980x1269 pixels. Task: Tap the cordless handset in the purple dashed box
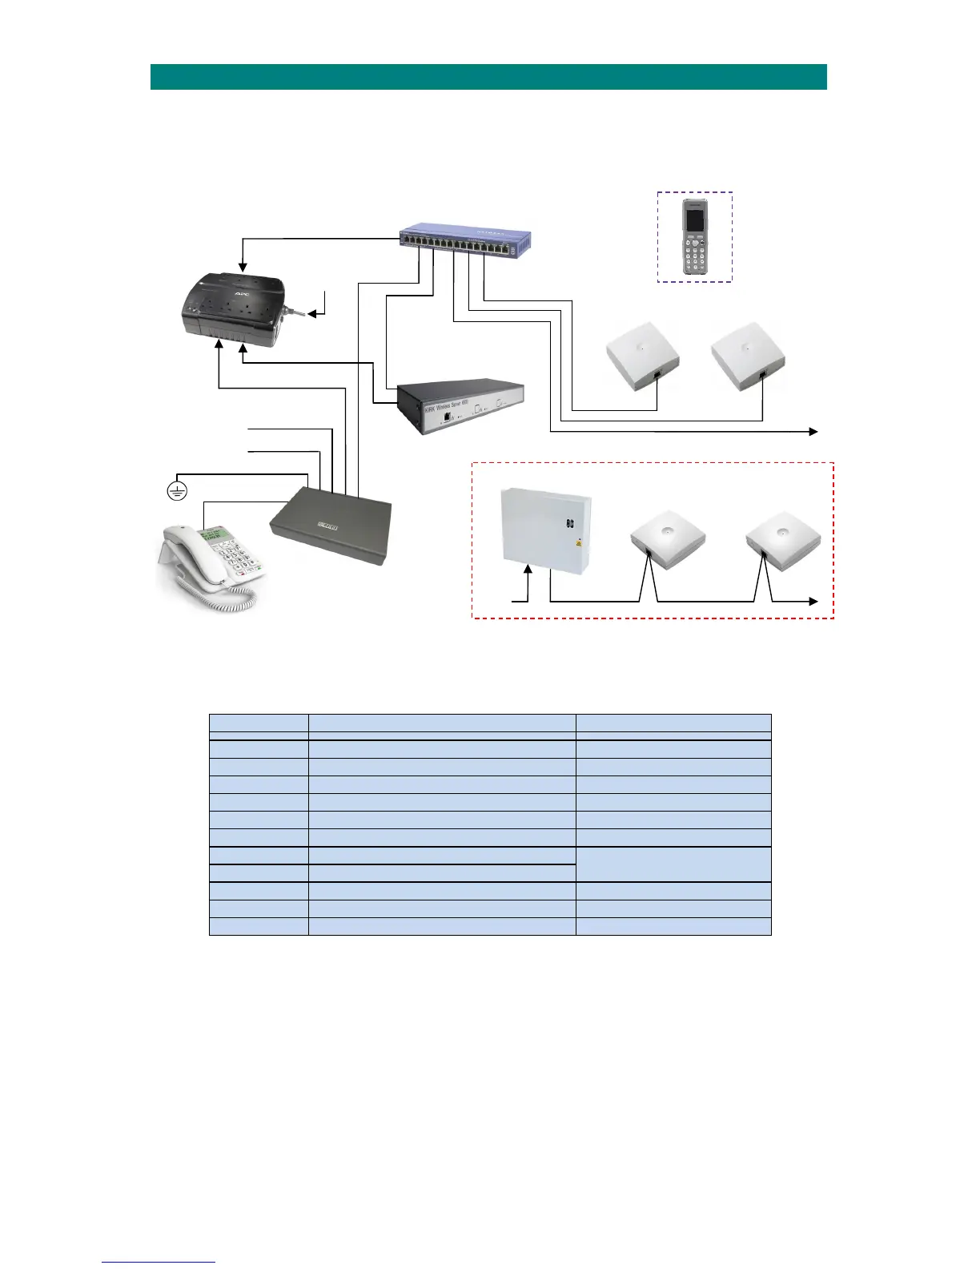(x=695, y=239)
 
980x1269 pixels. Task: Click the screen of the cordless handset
(x=694, y=224)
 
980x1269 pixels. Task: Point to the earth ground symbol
(x=176, y=489)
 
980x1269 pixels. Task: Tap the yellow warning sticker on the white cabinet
(x=577, y=542)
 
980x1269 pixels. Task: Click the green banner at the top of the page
(x=488, y=77)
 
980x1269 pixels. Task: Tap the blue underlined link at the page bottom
(x=159, y=1263)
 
